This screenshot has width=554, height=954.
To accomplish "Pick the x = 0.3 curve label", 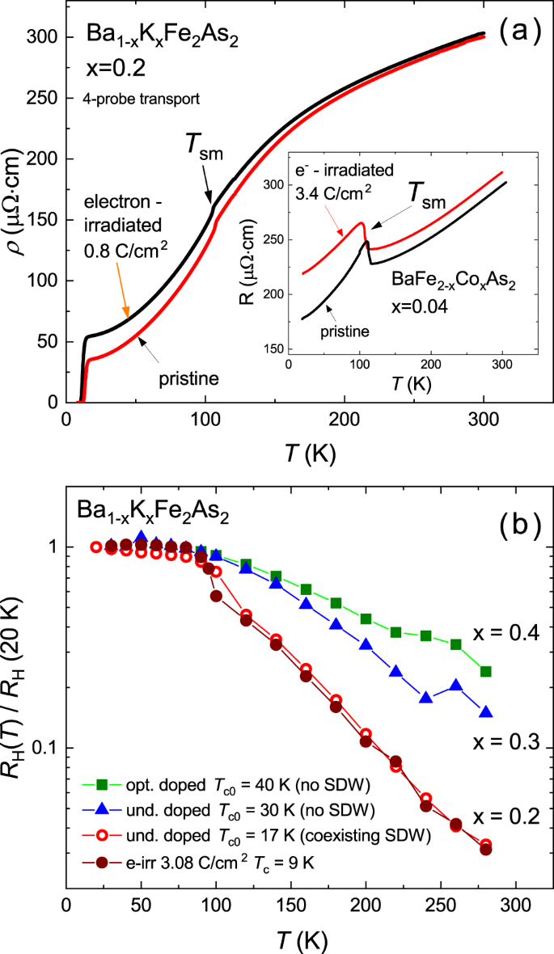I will point(505,742).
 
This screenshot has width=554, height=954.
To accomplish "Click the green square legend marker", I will point(103,783).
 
